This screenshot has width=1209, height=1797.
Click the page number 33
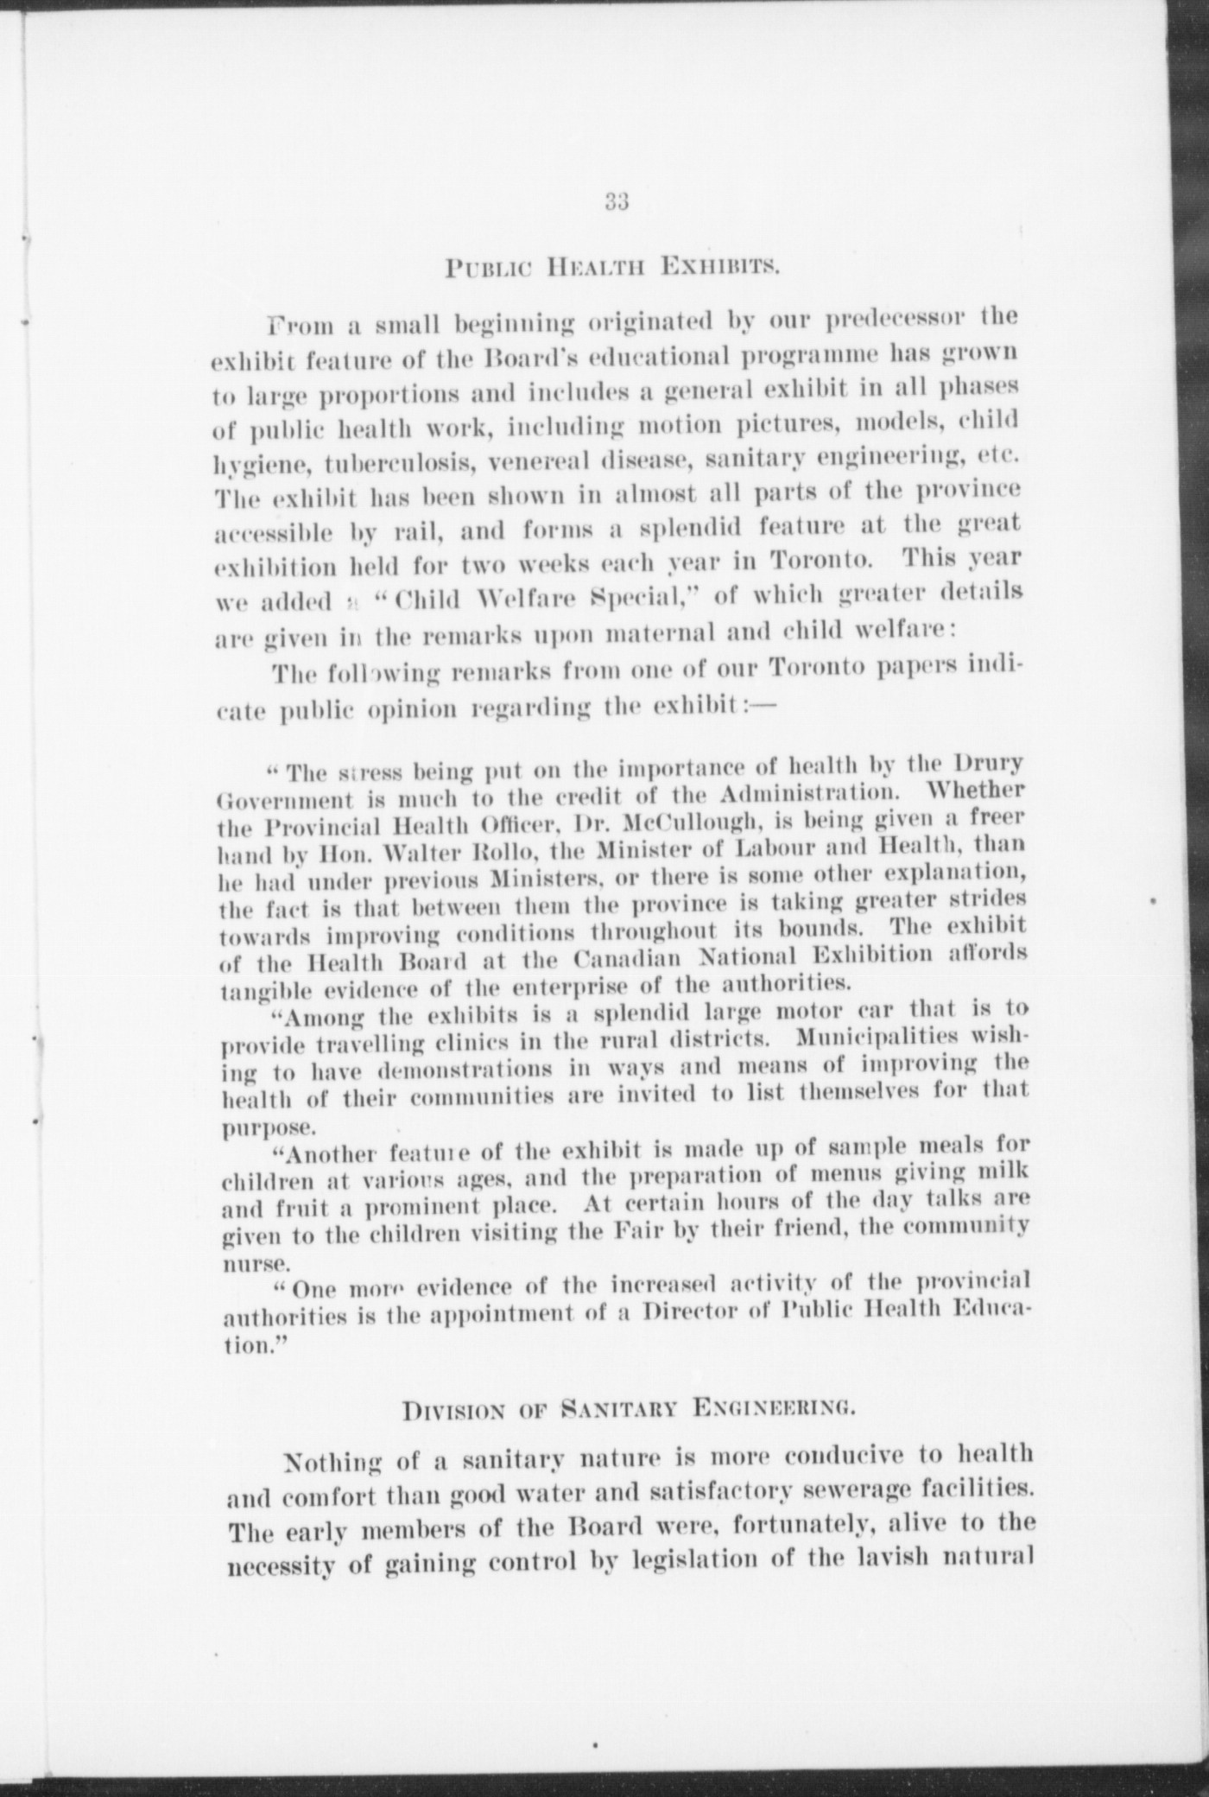(x=616, y=204)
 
